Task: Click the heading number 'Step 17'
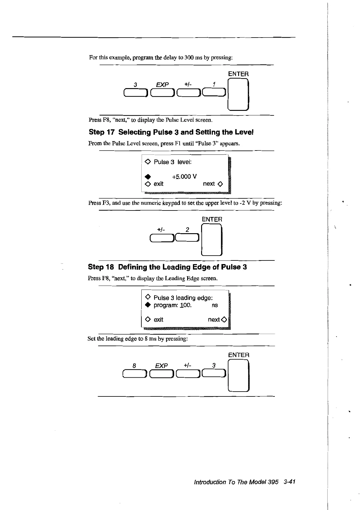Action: [x=102, y=132]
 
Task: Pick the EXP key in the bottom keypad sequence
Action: [x=161, y=374]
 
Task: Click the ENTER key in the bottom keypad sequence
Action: [x=238, y=376]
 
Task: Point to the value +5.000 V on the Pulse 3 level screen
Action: [x=184, y=177]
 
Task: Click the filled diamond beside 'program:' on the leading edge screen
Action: [x=148, y=305]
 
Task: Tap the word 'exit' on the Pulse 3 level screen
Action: [x=158, y=184]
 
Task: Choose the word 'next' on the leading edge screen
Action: [x=214, y=320]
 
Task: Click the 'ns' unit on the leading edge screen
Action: [x=215, y=305]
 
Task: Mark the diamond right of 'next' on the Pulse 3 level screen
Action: [x=221, y=184]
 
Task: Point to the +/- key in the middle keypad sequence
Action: [x=161, y=238]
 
